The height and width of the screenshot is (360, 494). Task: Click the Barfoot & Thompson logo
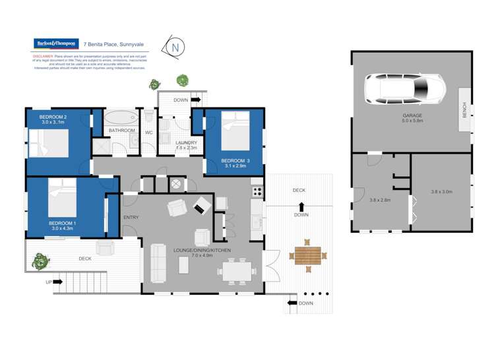click(56, 44)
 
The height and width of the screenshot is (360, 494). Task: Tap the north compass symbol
click(175, 47)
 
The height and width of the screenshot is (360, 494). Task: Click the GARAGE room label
click(412, 116)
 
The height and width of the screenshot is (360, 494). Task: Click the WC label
click(148, 132)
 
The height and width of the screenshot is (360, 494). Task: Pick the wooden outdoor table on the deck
click(307, 255)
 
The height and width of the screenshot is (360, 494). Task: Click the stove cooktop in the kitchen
click(257, 192)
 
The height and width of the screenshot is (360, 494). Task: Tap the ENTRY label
click(131, 217)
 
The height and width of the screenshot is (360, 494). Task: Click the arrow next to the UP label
click(57, 282)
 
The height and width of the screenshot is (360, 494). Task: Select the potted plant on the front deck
click(40, 262)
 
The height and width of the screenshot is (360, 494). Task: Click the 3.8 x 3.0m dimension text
click(441, 192)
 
